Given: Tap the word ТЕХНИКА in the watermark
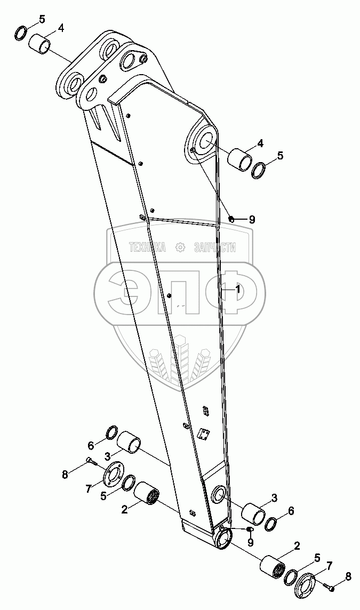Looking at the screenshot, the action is [147, 247].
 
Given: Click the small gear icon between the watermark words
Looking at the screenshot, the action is [180, 247].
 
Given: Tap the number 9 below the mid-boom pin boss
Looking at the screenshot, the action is [252, 219].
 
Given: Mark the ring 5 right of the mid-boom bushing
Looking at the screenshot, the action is [259, 170].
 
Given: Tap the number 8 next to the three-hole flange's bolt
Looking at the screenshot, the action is [348, 576].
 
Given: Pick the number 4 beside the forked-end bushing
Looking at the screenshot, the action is [60, 28].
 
